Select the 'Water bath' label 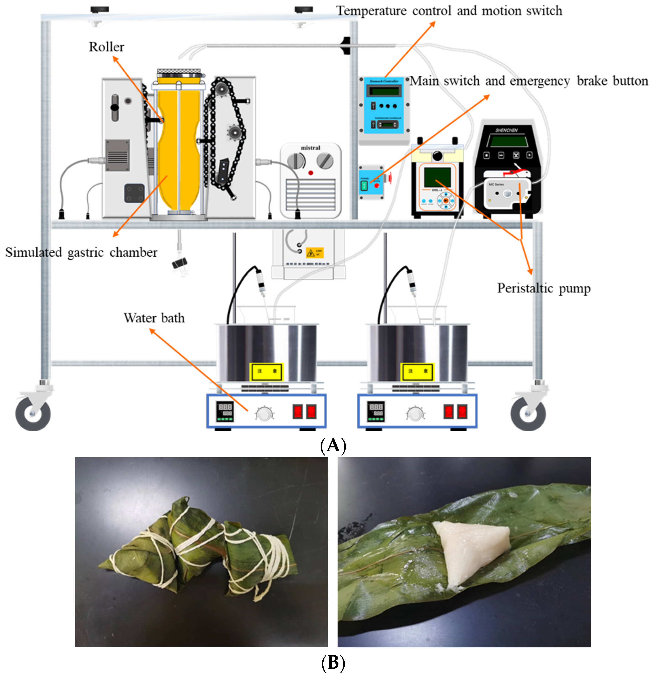click(x=154, y=318)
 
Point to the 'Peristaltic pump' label click(x=543, y=288)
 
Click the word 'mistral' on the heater click(x=310, y=148)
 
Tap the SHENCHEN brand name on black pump click(x=506, y=130)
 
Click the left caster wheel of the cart click(x=33, y=414)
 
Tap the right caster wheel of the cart click(x=528, y=414)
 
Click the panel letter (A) click(x=333, y=446)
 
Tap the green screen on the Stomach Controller click(x=384, y=91)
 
